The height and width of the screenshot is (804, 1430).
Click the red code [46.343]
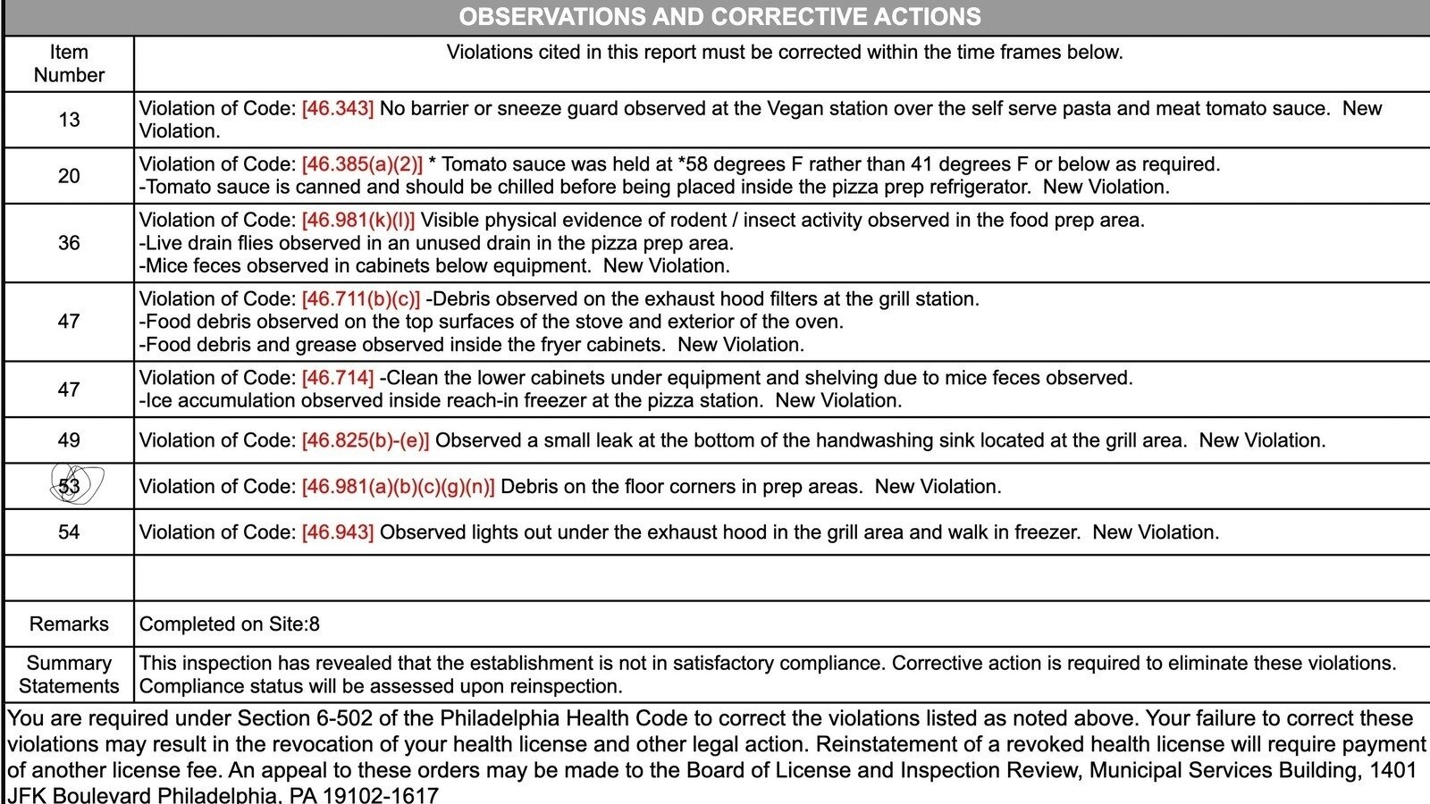(338, 109)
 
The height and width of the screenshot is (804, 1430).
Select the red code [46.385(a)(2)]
(362, 164)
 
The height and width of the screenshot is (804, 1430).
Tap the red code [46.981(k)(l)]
(358, 221)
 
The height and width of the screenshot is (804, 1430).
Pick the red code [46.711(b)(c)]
(360, 299)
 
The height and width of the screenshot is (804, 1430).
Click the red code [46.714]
(338, 378)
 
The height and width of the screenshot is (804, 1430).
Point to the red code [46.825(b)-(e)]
(366, 440)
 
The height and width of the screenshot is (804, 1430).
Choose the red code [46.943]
(338, 532)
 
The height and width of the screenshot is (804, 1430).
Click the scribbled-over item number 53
(70, 486)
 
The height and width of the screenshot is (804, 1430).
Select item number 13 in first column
(69, 120)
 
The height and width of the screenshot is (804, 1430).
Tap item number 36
(69, 243)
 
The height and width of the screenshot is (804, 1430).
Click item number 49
(69, 440)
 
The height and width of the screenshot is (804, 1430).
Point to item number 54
(69, 532)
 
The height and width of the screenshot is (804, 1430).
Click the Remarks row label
(69, 624)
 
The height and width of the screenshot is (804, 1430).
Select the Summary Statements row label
(69, 674)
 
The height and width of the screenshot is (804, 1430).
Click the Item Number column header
(69, 63)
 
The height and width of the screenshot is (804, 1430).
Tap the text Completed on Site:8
(230, 624)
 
